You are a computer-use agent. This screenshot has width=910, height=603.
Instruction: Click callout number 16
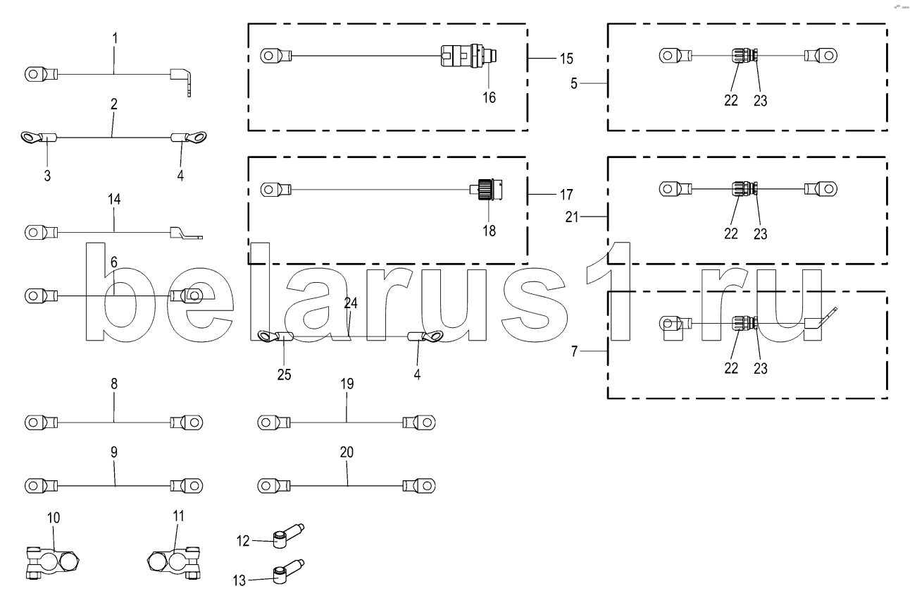[x=489, y=97]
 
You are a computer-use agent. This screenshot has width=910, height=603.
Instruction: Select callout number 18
[x=489, y=231]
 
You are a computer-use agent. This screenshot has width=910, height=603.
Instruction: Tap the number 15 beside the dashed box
[x=566, y=59]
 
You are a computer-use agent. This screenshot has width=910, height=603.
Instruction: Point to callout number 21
[x=572, y=217]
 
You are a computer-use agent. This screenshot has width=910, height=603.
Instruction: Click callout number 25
[x=284, y=374]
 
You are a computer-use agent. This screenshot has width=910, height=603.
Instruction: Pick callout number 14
[x=114, y=200]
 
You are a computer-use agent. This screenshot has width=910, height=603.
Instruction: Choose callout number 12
[x=243, y=541]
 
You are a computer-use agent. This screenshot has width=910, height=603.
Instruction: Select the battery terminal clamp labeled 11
[x=173, y=563]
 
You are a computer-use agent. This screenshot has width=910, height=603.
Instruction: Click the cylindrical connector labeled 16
[x=469, y=56]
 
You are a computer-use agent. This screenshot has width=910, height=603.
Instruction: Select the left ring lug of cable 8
[x=41, y=422]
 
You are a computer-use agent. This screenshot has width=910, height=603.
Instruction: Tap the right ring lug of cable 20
[x=419, y=486]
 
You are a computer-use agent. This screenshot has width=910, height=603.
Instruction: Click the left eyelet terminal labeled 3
[x=39, y=138]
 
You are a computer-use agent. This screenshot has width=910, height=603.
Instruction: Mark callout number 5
[x=573, y=83]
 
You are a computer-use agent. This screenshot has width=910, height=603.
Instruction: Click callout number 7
[x=574, y=351]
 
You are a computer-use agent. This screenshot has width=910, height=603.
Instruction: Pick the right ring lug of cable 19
[x=419, y=422]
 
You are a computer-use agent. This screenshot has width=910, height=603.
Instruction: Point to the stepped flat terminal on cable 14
[x=185, y=233]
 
